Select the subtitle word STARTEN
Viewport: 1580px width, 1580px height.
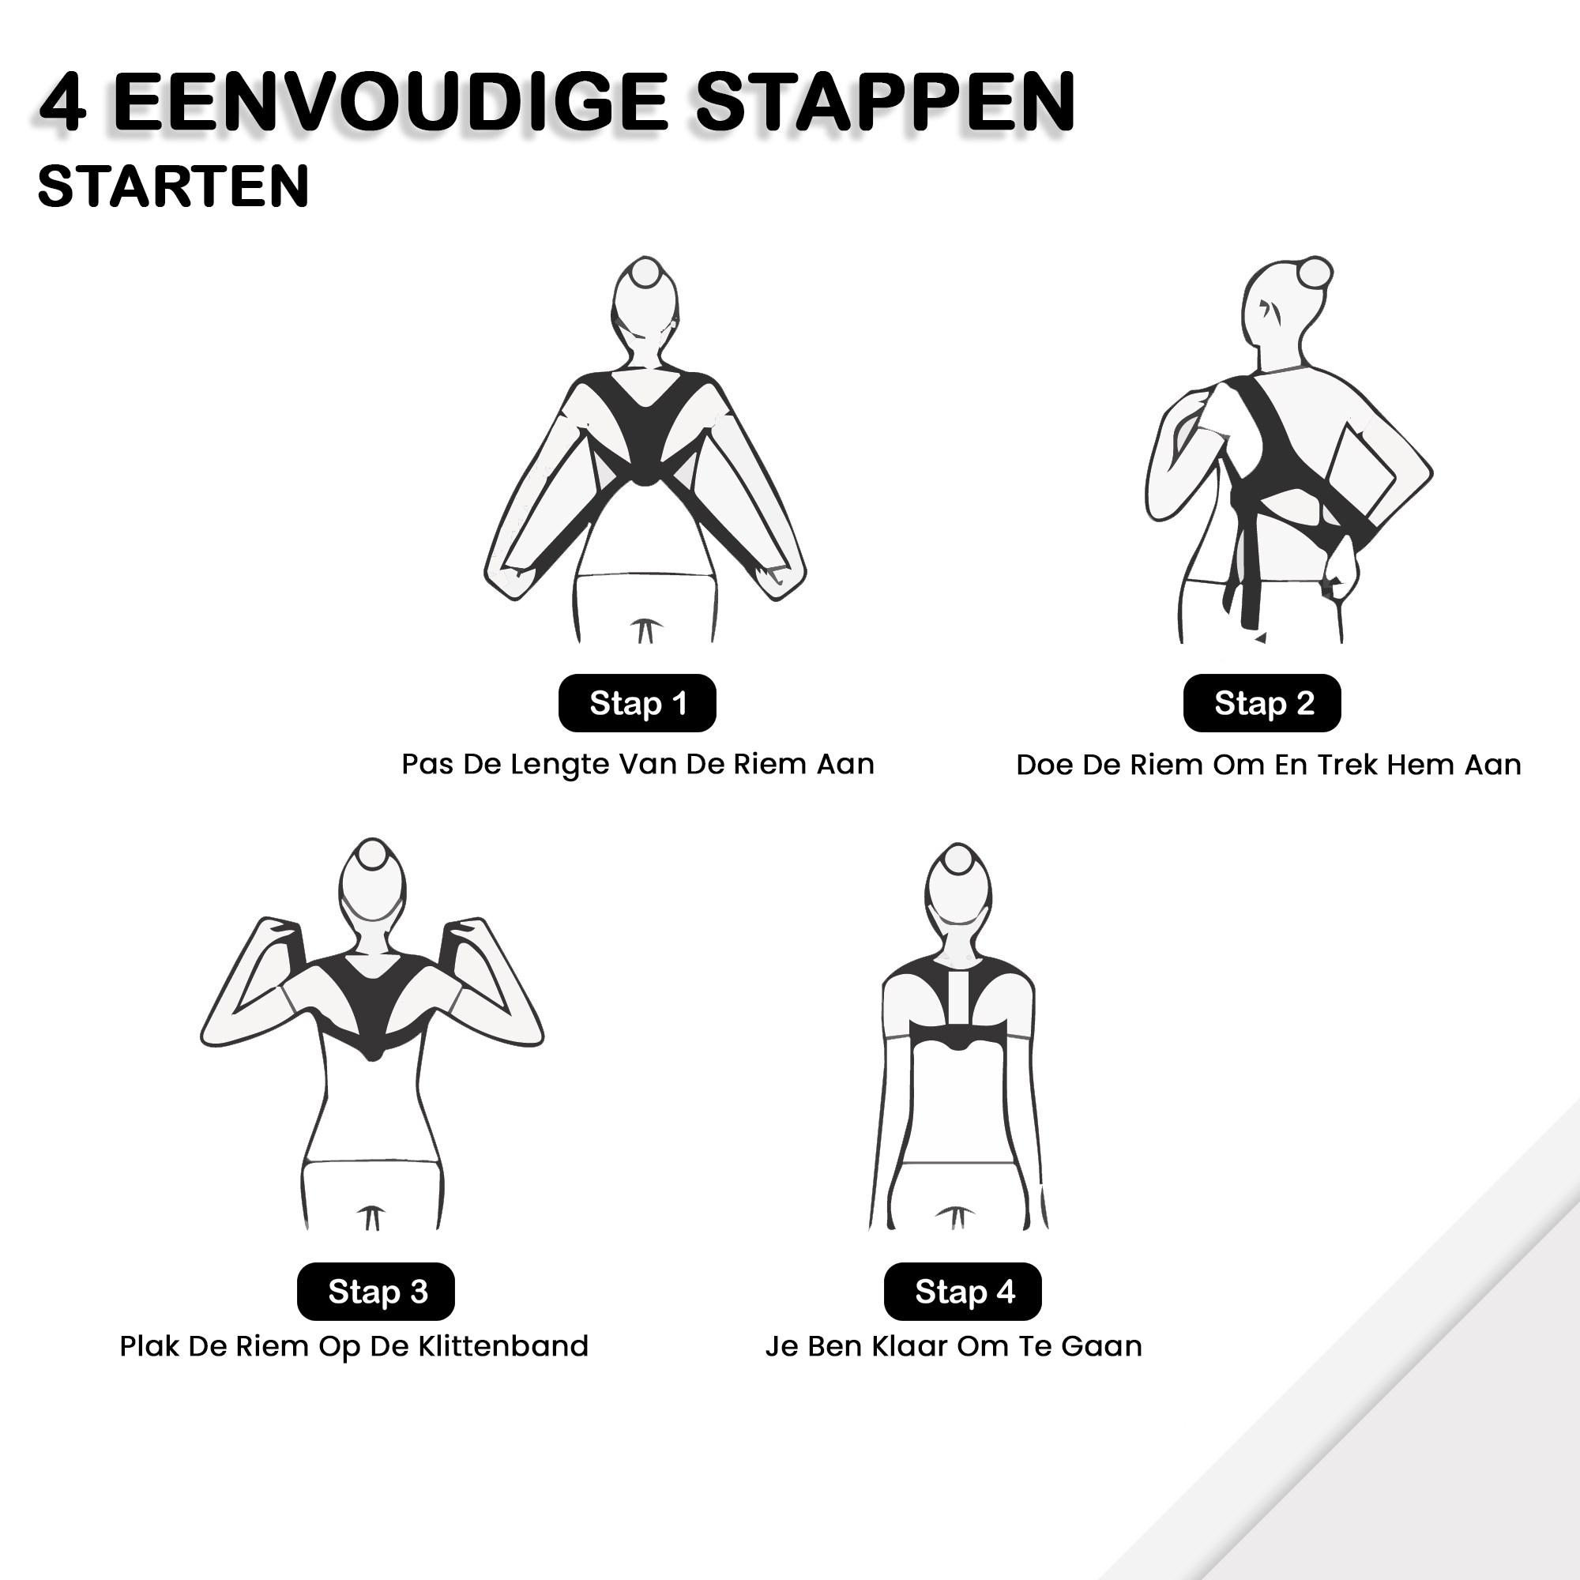(173, 186)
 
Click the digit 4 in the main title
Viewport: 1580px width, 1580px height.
(63, 103)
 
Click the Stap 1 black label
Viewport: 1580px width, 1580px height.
(637, 703)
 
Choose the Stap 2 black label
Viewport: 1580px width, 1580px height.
(1262, 703)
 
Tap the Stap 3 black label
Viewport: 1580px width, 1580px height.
(376, 1292)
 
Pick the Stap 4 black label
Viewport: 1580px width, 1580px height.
(962, 1292)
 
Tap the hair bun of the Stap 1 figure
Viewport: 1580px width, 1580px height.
(645, 273)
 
